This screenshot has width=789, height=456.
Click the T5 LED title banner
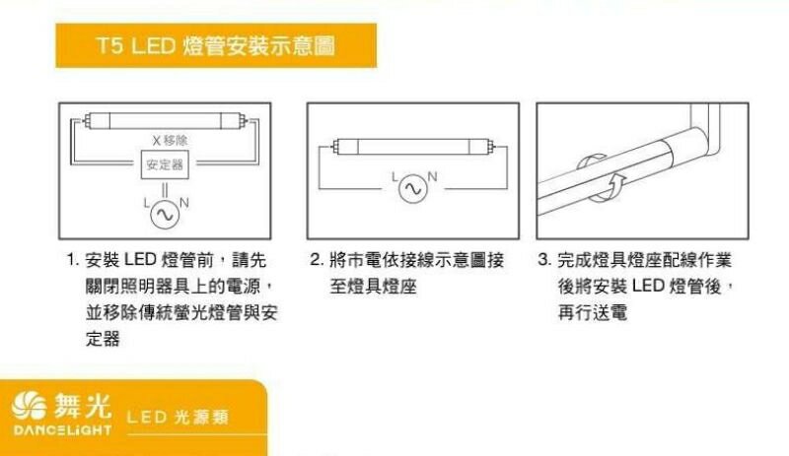click(x=216, y=45)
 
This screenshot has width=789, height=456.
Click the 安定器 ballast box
click(x=165, y=164)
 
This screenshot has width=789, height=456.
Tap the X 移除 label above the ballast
click(x=170, y=140)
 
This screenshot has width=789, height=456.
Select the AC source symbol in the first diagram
click(x=165, y=215)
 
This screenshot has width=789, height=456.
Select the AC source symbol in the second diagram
click(x=413, y=188)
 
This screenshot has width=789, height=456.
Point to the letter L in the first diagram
click(x=146, y=203)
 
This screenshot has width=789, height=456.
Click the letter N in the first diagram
click(x=184, y=203)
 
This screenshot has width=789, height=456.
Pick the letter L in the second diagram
click(x=394, y=177)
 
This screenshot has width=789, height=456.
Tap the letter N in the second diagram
click(x=432, y=177)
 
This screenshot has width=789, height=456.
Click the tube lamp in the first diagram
click(x=165, y=121)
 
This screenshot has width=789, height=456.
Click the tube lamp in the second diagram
click(x=413, y=147)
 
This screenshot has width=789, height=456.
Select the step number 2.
click(x=317, y=260)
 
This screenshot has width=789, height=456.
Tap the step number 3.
click(x=545, y=260)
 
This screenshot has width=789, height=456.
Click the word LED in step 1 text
click(x=140, y=260)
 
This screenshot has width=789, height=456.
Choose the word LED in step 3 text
click(x=649, y=286)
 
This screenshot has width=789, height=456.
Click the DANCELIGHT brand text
click(x=62, y=429)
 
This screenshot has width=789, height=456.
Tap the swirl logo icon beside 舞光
click(x=30, y=405)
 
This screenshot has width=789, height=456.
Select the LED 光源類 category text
click(x=178, y=417)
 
